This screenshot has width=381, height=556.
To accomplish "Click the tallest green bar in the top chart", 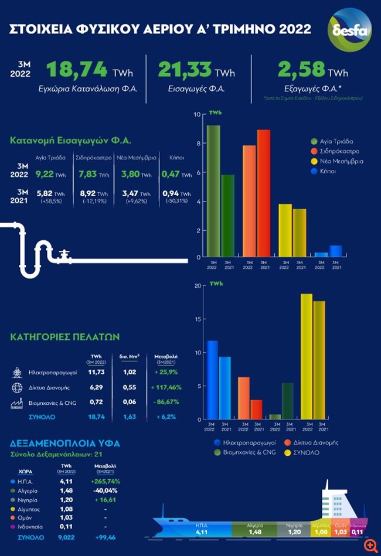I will [213, 190].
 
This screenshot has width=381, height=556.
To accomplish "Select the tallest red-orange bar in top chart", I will [264, 193].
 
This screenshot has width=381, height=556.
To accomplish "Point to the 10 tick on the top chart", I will [198, 114].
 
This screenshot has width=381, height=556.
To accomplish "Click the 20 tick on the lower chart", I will [197, 286].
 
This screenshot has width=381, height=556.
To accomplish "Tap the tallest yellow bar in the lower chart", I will [306, 357].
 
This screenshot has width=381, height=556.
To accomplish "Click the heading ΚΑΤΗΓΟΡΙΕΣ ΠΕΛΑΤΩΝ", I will [65, 337].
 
